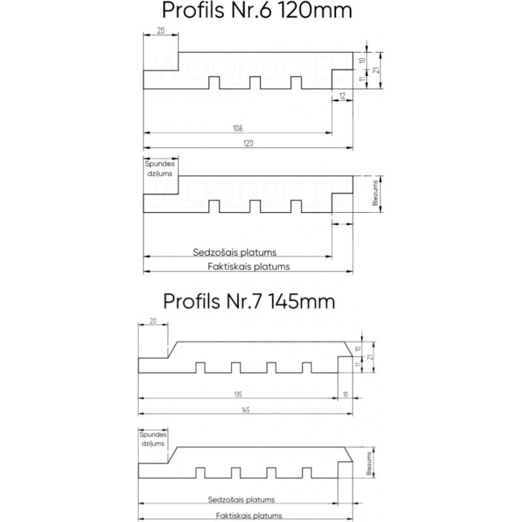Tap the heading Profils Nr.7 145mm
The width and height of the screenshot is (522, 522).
click(x=249, y=301)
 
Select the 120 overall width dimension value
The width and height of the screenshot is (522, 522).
click(x=248, y=144)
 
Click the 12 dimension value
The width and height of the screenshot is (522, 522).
click(x=343, y=96)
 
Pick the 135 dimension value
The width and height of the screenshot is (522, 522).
click(x=238, y=395)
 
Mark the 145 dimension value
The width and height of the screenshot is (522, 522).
click(x=245, y=410)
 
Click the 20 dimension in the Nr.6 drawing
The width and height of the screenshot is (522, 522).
click(x=161, y=30)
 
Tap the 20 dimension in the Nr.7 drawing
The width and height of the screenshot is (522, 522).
click(x=153, y=321)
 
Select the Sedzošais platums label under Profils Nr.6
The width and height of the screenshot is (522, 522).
click(x=235, y=252)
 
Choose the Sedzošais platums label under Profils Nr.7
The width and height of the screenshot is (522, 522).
click(x=241, y=500)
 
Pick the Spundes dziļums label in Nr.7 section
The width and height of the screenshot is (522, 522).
click(x=153, y=438)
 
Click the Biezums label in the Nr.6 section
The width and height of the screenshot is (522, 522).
click(x=375, y=194)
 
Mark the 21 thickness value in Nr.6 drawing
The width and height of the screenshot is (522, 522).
click(x=376, y=70)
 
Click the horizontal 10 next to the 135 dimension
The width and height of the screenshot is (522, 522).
click(x=345, y=395)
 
